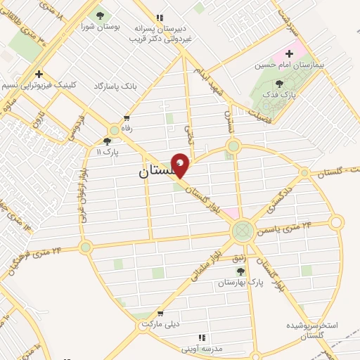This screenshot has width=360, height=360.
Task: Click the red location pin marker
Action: tap(180, 165)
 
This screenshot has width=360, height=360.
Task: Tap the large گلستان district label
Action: tap(150, 171)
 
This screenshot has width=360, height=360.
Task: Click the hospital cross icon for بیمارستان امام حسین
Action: tap(289, 53)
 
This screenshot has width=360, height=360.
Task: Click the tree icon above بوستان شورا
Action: tap(99, 15)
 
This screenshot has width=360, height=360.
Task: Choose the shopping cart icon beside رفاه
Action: tap(127, 118)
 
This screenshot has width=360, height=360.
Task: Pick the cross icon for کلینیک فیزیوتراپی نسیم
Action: tap(39, 74)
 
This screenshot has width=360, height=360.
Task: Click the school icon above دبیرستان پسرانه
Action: tap(160, 18)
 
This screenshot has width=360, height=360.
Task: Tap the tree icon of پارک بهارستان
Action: tap(240, 271)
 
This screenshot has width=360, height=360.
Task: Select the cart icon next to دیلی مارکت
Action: tap(160, 314)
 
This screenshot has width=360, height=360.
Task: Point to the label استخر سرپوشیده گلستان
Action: tap(312, 331)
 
